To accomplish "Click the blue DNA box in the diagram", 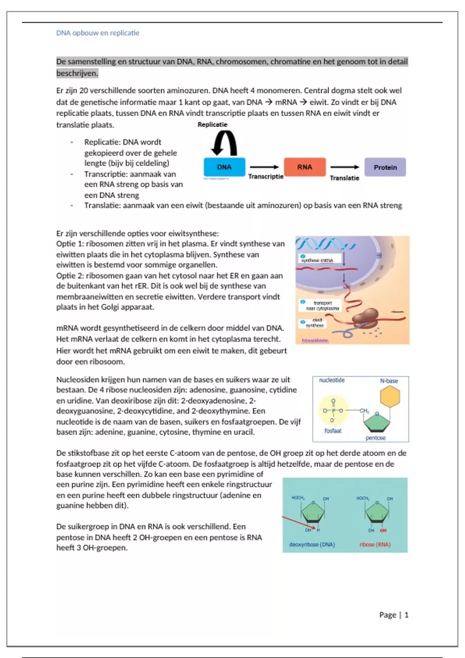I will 224,167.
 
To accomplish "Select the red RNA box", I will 305,167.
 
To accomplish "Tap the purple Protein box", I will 385,168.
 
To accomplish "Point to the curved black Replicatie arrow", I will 224,142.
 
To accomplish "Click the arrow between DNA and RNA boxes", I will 264,167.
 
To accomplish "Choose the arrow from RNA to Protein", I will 345,167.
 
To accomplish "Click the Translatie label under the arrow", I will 344,178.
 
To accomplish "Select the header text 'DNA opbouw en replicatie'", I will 98,33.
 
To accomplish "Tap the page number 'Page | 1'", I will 394,615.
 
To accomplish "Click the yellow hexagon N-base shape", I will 390,397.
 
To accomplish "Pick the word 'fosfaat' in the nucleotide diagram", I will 333,431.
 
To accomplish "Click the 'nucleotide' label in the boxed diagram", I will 332,380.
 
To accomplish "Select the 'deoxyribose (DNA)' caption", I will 312,545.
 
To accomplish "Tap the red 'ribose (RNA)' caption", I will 375,545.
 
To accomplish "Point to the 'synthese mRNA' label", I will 317,260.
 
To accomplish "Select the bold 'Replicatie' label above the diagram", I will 212,125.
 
